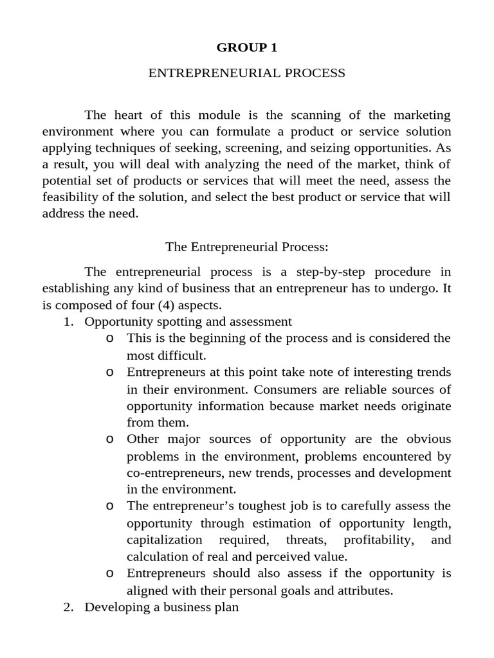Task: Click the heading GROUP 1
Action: [247, 48]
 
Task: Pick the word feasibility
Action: [72, 197]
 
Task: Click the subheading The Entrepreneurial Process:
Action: [247, 247]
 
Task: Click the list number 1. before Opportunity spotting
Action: [69, 322]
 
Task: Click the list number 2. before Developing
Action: [69, 607]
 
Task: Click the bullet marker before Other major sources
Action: [110, 440]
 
